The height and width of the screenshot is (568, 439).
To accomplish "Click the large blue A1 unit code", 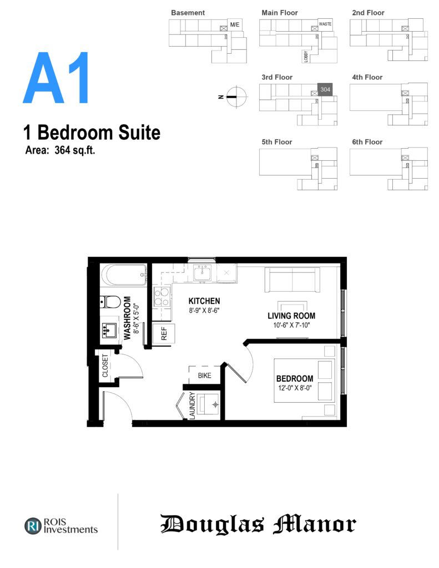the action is click(56, 78).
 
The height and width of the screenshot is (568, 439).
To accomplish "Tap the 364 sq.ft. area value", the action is click(75, 150).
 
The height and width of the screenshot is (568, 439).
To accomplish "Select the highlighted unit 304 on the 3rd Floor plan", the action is click(325, 89).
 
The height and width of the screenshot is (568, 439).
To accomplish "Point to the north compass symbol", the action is click(236, 97).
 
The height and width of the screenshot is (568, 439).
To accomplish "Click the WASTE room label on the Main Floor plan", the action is click(325, 24).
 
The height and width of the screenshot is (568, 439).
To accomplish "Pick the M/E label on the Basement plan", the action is click(235, 24).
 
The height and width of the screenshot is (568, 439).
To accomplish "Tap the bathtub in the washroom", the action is click(124, 275).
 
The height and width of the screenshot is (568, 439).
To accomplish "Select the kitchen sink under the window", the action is click(202, 273).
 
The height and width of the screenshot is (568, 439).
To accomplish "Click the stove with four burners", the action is click(162, 297).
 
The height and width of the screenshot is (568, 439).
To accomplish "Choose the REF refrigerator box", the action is click(164, 333).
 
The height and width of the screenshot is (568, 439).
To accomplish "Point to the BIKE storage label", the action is click(204, 376).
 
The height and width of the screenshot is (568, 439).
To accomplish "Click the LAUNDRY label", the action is click(192, 405).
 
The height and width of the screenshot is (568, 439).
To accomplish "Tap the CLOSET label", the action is click(105, 366).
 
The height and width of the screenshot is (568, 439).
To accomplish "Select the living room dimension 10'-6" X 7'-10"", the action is click(291, 325).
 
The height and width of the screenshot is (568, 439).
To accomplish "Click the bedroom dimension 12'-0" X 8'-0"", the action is click(295, 388).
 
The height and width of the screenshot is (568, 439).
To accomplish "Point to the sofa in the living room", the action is click(292, 280).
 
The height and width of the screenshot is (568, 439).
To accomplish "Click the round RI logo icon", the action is click(33, 526).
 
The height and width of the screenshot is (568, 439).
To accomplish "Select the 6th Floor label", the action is click(367, 142).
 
